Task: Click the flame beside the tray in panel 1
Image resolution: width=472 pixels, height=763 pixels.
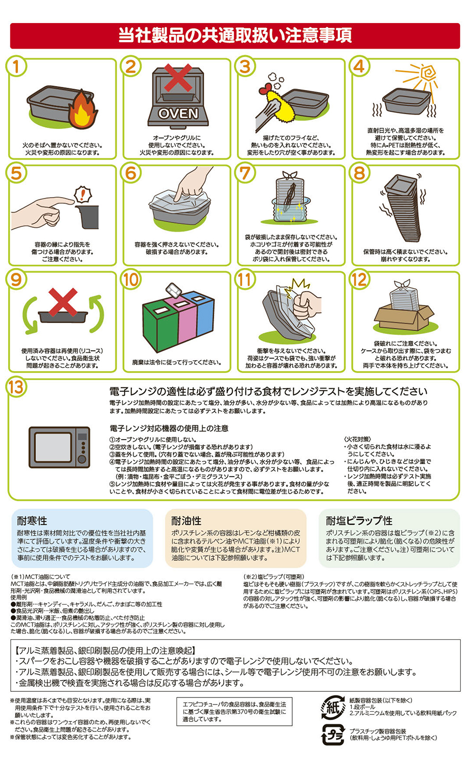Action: pos(83,109)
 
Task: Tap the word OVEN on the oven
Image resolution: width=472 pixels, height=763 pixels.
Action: pos(178,114)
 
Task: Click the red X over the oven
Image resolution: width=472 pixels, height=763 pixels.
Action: pos(178,78)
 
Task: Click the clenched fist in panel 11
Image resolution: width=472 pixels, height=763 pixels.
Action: pos(306,305)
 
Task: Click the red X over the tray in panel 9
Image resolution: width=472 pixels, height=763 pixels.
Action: pos(63,302)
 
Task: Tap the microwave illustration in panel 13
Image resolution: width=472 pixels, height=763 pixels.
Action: pos(59,447)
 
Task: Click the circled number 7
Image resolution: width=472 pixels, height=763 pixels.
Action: pos(245,174)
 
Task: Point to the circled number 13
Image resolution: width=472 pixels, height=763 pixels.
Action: pos(16,387)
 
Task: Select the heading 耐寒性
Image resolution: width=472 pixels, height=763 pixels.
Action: pos(32,521)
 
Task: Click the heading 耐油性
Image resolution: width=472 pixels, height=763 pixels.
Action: pos(186,521)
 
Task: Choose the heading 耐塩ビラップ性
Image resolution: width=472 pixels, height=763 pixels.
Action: pos(359,521)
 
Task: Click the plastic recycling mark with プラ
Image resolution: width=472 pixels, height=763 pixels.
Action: pos(333,736)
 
